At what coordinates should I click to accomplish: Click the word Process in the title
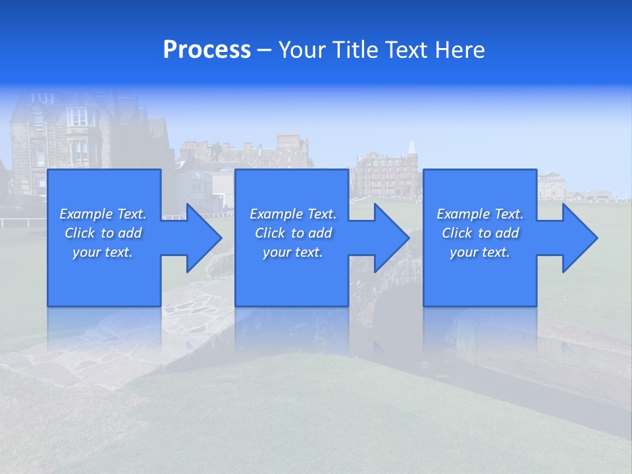[207, 50]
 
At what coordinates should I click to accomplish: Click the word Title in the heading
[354, 50]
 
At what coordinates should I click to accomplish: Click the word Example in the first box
[86, 214]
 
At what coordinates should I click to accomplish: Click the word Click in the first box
[80, 233]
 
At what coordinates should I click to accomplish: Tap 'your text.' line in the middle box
[292, 252]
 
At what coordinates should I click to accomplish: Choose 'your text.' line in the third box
[479, 252]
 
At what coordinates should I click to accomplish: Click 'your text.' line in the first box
[103, 252]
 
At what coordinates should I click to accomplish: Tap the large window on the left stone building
[77, 117]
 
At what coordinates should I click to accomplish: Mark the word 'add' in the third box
[507, 233]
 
